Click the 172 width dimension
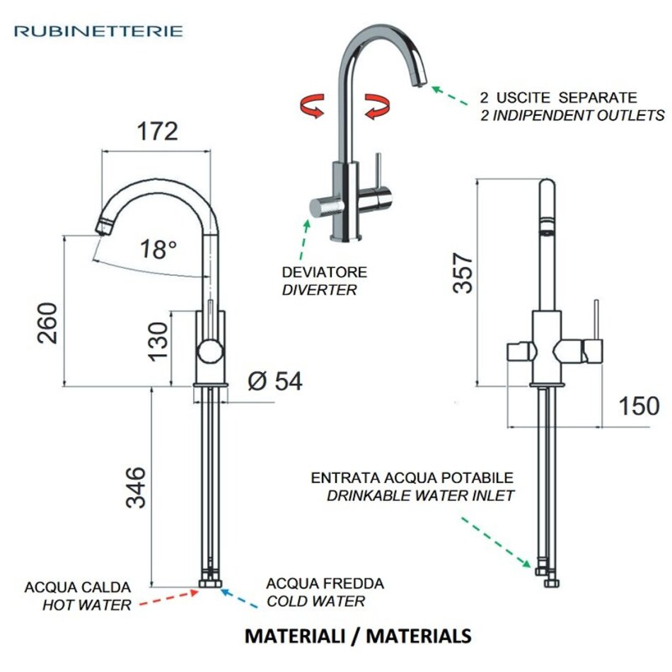coord(156,132)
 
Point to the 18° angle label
coord(158,249)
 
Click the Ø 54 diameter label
coord(275,381)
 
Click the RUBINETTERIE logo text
coord(98,31)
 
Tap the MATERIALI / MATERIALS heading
coord(358,635)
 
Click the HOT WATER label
coord(87,605)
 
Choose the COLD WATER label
coord(315,602)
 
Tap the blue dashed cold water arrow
coord(241,598)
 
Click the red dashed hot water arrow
coord(170,598)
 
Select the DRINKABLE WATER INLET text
coord(420,496)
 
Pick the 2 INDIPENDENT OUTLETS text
coord(568,115)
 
